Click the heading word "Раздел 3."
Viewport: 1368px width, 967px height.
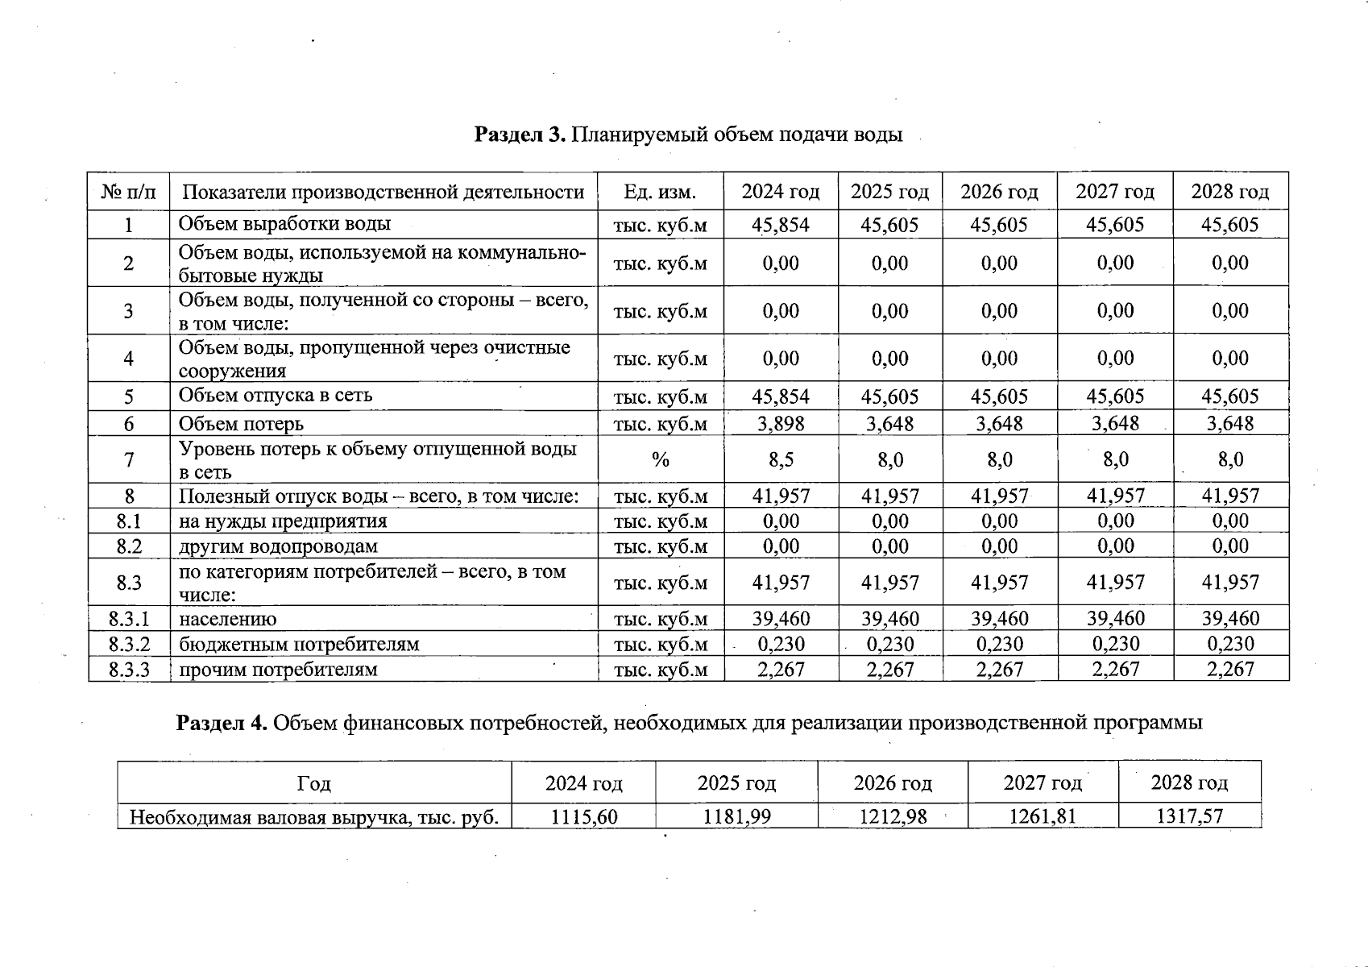pos(520,135)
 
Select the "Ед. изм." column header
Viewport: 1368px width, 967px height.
pos(660,192)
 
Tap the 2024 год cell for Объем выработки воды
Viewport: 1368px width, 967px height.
pos(780,225)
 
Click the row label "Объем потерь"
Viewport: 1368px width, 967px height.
pos(241,424)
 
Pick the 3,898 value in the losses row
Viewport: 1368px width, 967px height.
pos(780,424)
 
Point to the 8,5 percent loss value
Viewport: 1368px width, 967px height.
pos(780,460)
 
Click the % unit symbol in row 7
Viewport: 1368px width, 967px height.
pos(660,460)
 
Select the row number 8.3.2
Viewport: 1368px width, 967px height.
pos(129,644)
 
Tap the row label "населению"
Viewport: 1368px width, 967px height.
pos(227,619)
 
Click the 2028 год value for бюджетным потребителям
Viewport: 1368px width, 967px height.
pos(1229,644)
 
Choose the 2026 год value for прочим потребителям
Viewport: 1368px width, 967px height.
pos(999,670)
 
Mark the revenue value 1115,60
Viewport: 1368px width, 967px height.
pos(583,817)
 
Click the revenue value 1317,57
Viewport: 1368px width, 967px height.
pos(1189,817)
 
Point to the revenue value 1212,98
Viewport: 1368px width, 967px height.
pos(893,817)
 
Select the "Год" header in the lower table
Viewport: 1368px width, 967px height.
pos(314,783)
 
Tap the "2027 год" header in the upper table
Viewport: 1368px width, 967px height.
pos(1114,192)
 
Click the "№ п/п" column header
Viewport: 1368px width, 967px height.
pos(129,192)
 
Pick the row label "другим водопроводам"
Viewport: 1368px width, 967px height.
pos(278,546)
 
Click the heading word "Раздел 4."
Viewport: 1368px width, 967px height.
pos(222,723)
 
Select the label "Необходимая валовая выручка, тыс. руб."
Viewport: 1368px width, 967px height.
pos(314,818)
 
